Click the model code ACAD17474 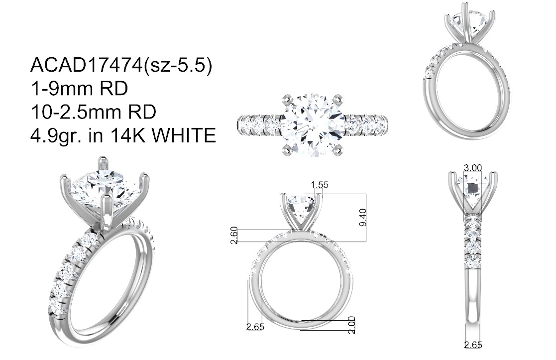(87, 65)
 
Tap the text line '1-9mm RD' (79, 88)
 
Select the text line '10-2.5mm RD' (94, 112)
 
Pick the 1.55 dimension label (320, 185)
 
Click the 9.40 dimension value (363, 218)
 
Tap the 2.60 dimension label (234, 236)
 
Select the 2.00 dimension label (351, 325)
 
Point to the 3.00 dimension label (473, 168)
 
